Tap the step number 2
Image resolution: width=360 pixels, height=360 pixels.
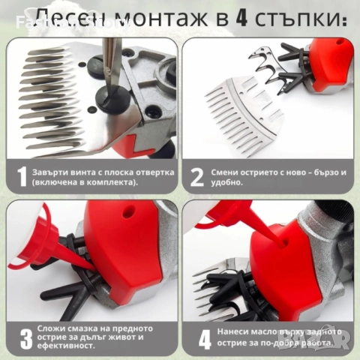(x=197, y=177)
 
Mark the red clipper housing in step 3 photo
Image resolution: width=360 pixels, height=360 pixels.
(x=120, y=247)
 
